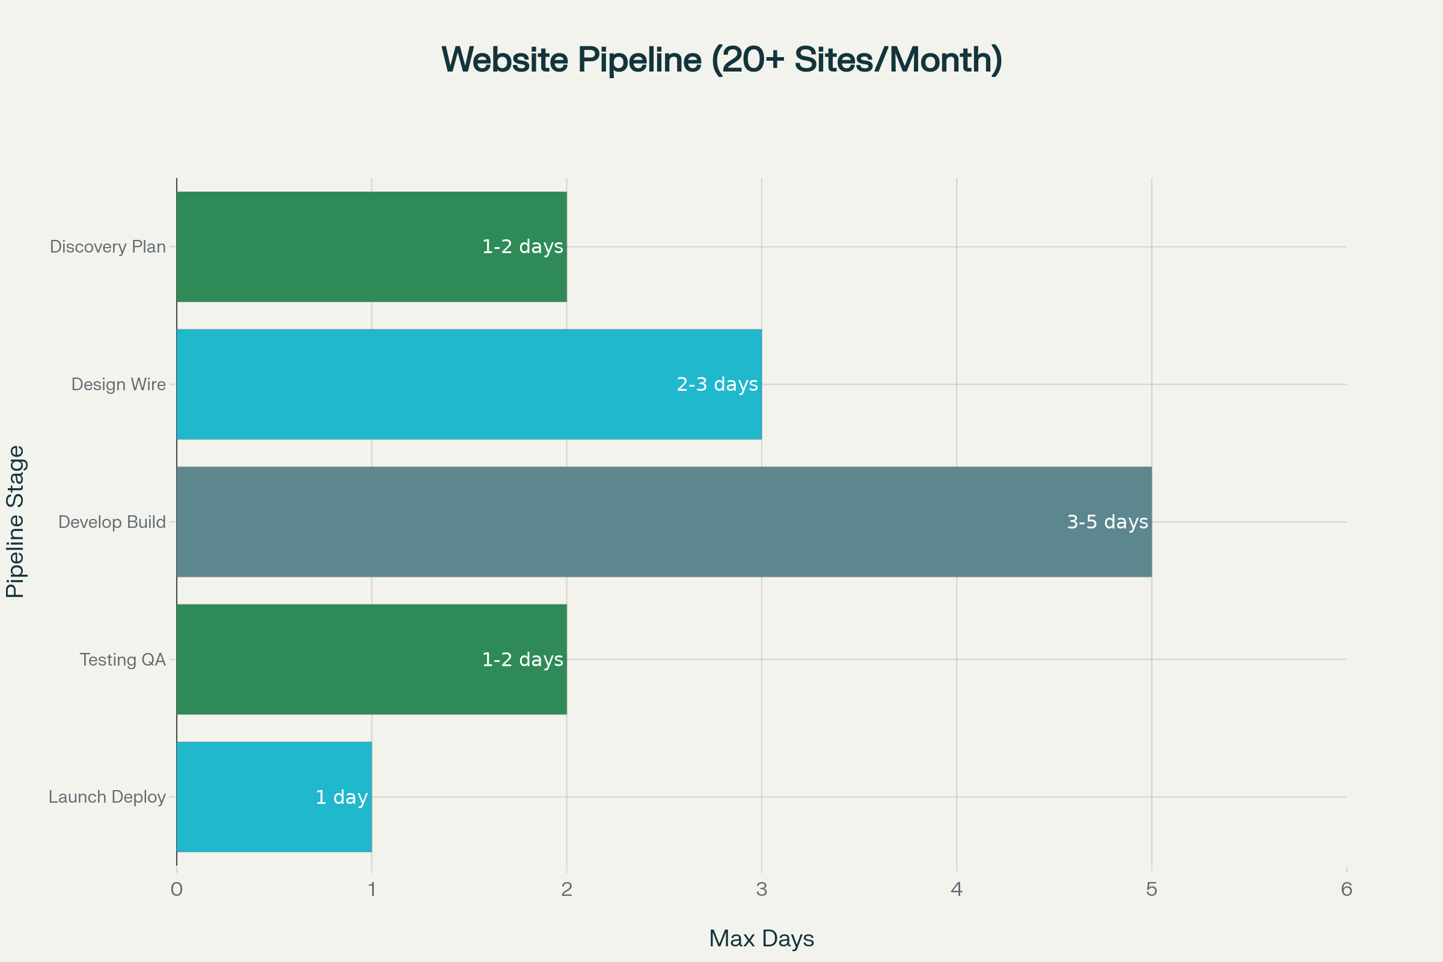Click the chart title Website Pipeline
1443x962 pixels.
point(721,60)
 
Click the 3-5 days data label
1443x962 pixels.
point(1108,522)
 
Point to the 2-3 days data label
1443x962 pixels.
point(717,385)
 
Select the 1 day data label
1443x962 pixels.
point(341,798)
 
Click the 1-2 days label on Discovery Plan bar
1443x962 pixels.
point(522,247)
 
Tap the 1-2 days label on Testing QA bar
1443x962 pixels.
point(522,660)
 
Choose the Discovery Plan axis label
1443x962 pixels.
point(108,247)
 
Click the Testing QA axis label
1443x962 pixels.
point(123,660)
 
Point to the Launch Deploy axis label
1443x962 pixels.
point(108,797)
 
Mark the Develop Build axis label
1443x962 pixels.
point(112,522)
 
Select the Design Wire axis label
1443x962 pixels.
point(118,385)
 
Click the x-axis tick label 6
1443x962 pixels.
point(1347,890)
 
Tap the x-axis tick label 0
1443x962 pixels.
point(177,890)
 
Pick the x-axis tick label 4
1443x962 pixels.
point(957,890)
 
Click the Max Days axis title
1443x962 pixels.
point(761,939)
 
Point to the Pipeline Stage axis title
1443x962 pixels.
point(16,521)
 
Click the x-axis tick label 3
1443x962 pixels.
point(761,890)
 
